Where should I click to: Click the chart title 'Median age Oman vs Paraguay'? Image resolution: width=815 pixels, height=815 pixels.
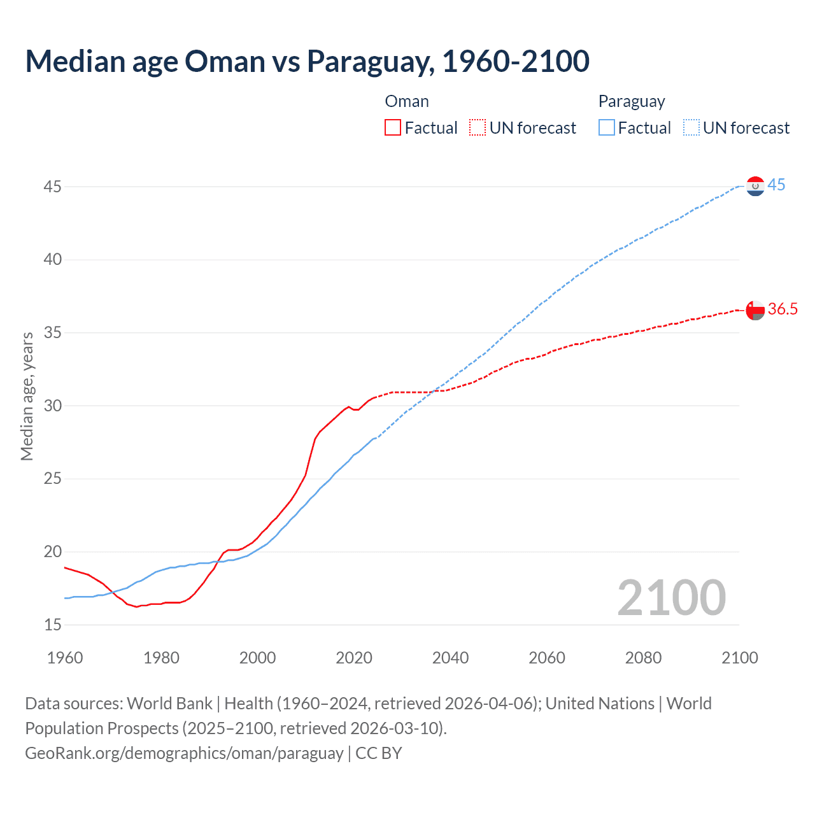(307, 61)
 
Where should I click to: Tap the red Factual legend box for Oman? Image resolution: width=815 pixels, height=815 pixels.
(393, 127)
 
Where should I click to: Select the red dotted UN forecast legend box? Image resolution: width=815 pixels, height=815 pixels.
(478, 127)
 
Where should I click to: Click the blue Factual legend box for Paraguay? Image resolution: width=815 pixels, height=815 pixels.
(607, 127)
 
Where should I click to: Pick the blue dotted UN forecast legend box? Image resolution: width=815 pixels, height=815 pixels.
(691, 127)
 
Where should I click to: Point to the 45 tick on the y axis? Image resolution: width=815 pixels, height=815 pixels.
(53, 187)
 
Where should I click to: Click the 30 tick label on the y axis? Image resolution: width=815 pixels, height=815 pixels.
(53, 406)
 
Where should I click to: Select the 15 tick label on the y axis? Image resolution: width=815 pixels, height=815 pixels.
(53, 625)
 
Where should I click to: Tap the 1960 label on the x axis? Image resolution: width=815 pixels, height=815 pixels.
(65, 658)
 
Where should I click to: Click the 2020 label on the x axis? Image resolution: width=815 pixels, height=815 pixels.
(354, 658)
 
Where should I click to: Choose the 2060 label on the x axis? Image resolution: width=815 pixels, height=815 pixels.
(547, 658)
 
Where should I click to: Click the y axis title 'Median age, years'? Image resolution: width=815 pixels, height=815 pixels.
(27, 396)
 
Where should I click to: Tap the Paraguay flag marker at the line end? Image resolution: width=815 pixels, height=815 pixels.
(755, 186)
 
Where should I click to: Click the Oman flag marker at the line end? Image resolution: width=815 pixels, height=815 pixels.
(755, 310)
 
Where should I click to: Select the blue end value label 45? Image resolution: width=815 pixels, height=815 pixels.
(776, 185)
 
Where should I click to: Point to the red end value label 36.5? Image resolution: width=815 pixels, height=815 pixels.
(783, 309)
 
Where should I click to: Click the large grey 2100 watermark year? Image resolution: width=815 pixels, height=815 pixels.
(671, 597)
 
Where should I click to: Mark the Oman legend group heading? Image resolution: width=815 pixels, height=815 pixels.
(407, 101)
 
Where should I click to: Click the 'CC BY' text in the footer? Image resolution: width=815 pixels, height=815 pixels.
(379, 753)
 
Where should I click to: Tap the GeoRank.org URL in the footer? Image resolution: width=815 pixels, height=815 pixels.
(184, 753)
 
